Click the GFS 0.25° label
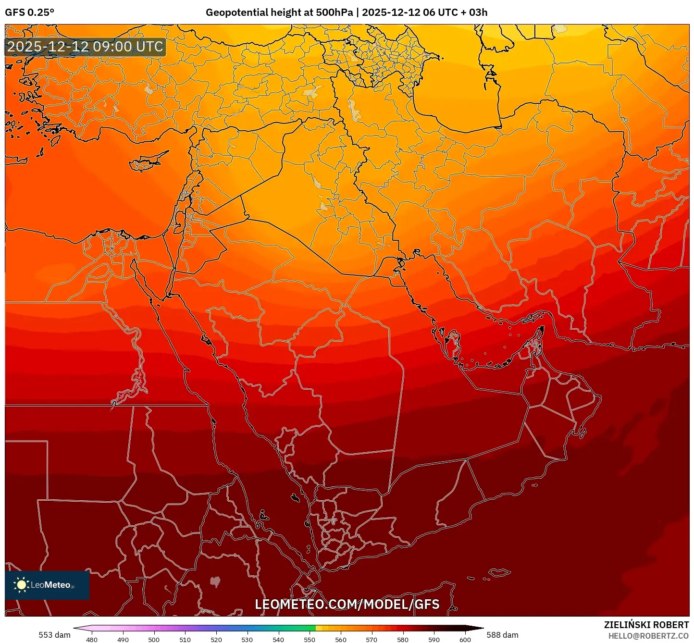coord(29,12)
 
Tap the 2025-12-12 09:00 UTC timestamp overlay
coord(85,47)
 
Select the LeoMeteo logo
coord(47,585)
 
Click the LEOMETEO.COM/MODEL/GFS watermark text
coord(347,604)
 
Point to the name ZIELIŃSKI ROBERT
coord(646,625)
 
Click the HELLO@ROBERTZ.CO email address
coord(648,636)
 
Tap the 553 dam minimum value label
coord(54,635)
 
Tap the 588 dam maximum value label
coord(502,635)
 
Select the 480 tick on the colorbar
coord(92,640)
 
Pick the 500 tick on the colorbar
coord(154,640)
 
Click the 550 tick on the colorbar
coord(310,640)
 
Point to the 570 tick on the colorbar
coord(372,640)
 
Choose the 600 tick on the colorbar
coord(465,640)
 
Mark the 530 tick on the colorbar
coord(247,640)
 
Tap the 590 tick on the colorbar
coord(434,640)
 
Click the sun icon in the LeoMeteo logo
coord(21,585)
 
